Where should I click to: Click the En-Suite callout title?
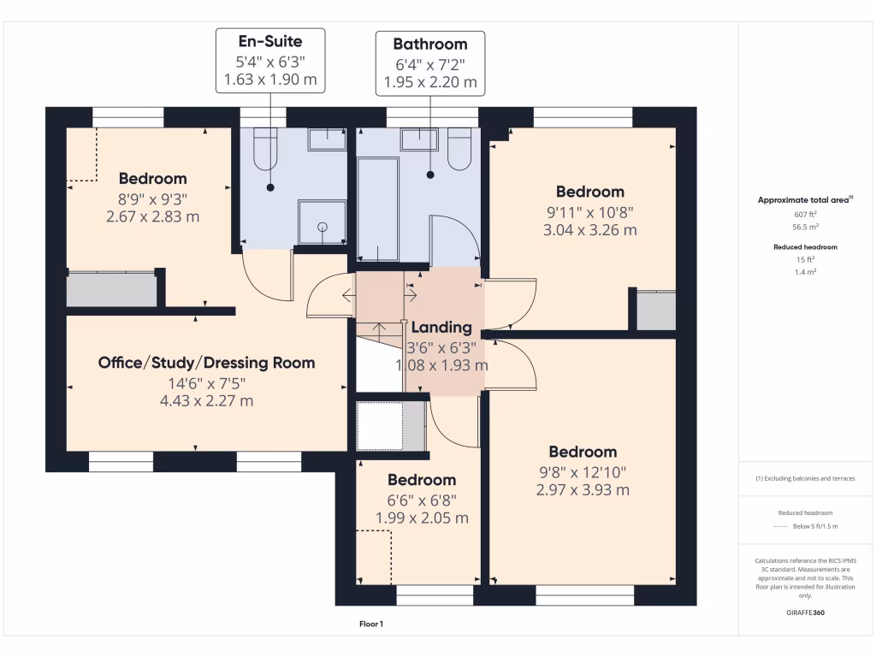click(270, 41)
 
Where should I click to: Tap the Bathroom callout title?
click(430, 44)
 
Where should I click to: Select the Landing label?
click(442, 328)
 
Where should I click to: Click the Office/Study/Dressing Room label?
click(207, 363)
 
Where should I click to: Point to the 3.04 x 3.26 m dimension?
click(590, 230)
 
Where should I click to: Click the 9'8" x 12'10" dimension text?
click(583, 472)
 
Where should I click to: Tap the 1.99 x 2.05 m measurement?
click(422, 518)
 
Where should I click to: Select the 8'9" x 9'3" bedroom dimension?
click(152, 199)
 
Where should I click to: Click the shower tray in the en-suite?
click(323, 222)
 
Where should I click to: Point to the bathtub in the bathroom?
click(377, 210)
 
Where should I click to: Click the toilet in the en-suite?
click(265, 149)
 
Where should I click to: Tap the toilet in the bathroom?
click(459, 149)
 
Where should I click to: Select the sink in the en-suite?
click(328, 139)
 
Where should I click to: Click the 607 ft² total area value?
click(806, 215)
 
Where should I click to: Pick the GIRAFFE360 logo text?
click(806, 613)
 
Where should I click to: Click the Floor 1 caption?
click(371, 624)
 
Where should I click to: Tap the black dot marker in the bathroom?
click(430, 175)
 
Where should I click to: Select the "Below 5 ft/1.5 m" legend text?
click(815, 526)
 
